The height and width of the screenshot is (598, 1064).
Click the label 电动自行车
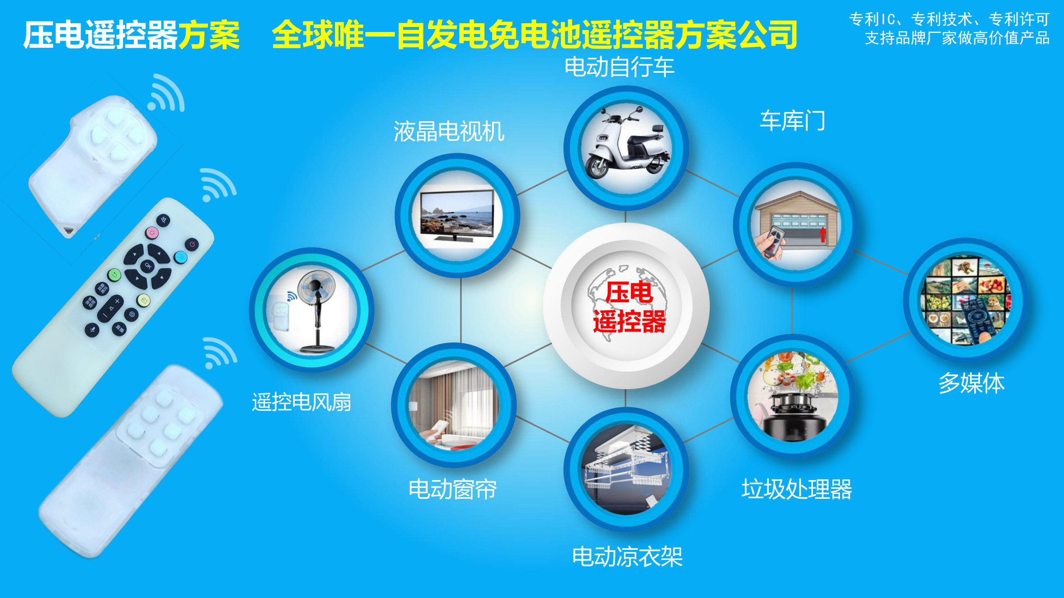point(619,67)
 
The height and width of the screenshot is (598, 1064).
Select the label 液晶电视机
point(449,132)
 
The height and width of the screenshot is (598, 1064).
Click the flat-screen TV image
point(457,216)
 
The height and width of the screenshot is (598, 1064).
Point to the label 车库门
point(792,121)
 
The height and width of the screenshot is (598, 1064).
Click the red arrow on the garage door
point(823,235)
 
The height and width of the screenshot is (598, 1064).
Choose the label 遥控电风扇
point(301,402)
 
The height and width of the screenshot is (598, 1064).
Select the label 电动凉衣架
point(627,556)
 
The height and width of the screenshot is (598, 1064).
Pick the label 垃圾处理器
point(797,489)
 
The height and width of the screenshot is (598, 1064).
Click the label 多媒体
point(971,383)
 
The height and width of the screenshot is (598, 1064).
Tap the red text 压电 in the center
point(629,292)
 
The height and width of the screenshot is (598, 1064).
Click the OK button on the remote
point(148,265)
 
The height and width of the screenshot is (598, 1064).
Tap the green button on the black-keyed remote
point(114,274)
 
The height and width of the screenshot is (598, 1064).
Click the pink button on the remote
point(152,233)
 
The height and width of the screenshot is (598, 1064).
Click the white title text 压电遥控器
point(101,35)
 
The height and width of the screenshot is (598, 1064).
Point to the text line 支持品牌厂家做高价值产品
point(957,38)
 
